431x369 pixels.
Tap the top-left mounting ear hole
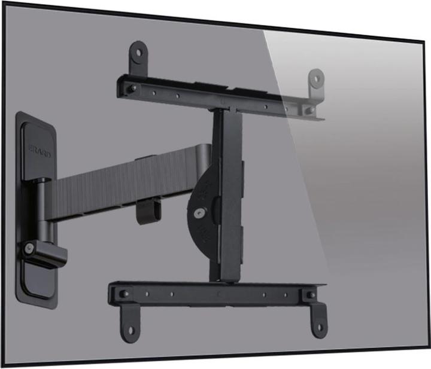point(139,53)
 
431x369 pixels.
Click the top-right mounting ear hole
point(317,78)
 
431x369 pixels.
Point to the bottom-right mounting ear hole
point(320,327)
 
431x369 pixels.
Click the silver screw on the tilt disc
point(198,211)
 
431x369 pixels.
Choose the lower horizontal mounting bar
point(215,293)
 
